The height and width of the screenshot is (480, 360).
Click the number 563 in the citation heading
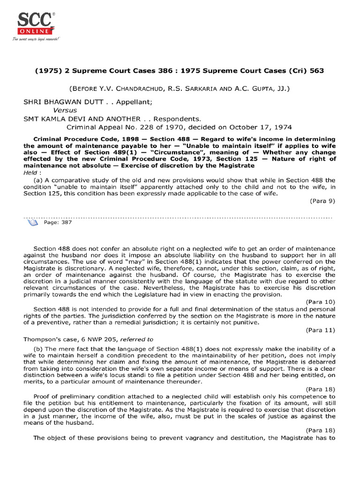[314, 70]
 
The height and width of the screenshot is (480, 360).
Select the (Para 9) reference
[322, 201]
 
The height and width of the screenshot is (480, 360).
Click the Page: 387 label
[58, 223]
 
